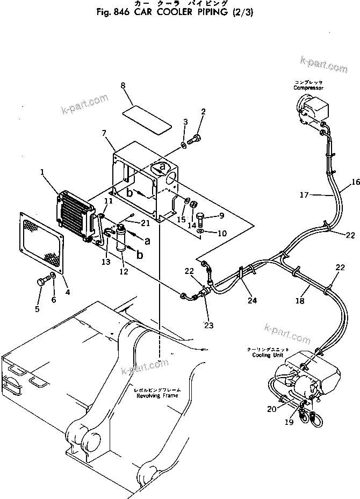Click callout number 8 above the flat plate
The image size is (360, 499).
pos(123,86)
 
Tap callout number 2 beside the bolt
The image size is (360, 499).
pos(203,112)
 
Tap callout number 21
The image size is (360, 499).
pos(146,223)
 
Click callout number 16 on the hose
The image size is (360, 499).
pos(355,183)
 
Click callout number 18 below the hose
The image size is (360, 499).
pos(300,301)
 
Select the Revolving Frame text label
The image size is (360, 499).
pos(157,395)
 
